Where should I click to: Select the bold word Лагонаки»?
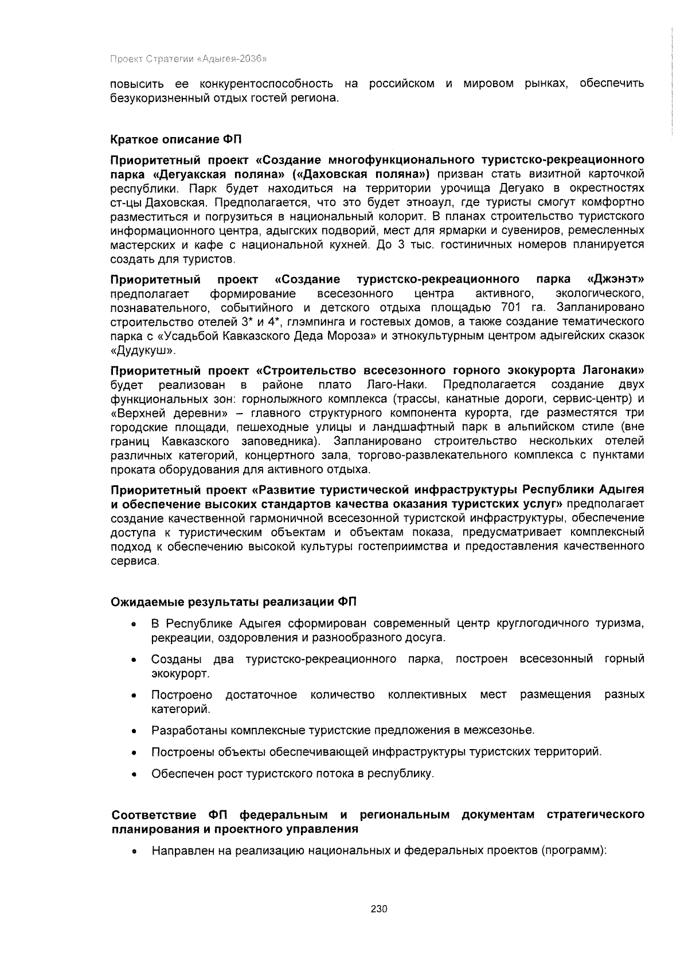[613, 370]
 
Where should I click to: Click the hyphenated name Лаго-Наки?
[397, 384]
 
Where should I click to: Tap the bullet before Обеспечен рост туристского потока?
[134, 774]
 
